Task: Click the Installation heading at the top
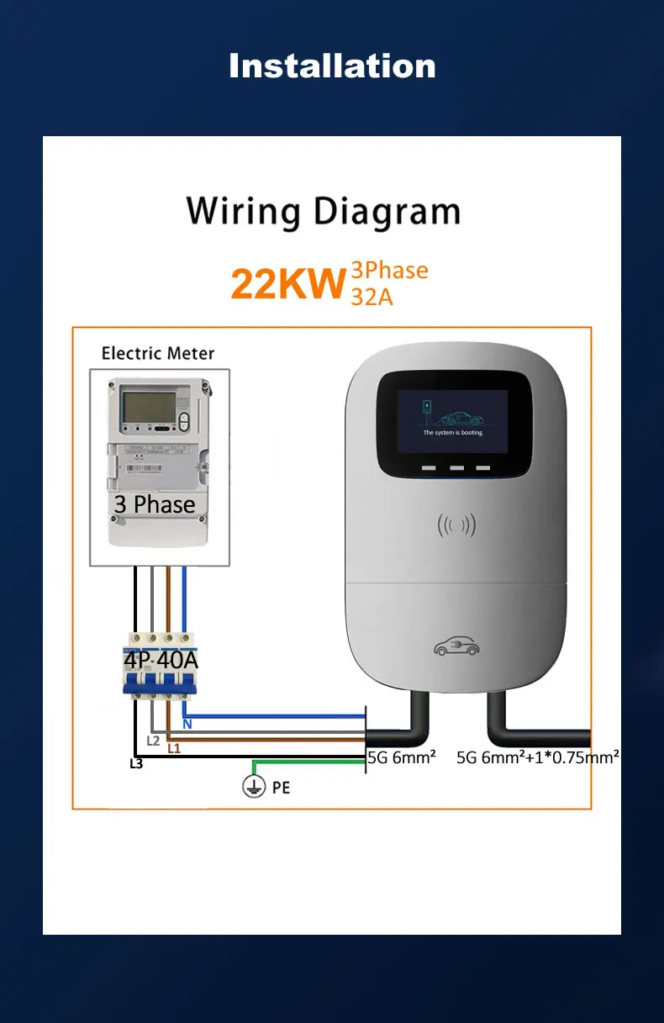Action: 332,66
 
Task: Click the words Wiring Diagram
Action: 324,211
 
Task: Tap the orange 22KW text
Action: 288,284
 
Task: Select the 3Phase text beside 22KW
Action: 389,270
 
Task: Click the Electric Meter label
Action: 158,353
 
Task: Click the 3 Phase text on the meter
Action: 155,504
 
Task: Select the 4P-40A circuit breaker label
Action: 161,660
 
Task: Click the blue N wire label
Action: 187,724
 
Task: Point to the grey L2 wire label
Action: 153,741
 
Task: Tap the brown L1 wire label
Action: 174,747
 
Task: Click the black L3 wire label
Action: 136,764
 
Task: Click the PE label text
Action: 281,788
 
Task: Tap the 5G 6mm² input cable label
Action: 402,757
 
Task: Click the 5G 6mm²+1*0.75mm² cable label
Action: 538,757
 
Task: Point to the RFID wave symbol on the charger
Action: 456,526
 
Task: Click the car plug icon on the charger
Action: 456,647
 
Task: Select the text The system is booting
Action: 452,432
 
